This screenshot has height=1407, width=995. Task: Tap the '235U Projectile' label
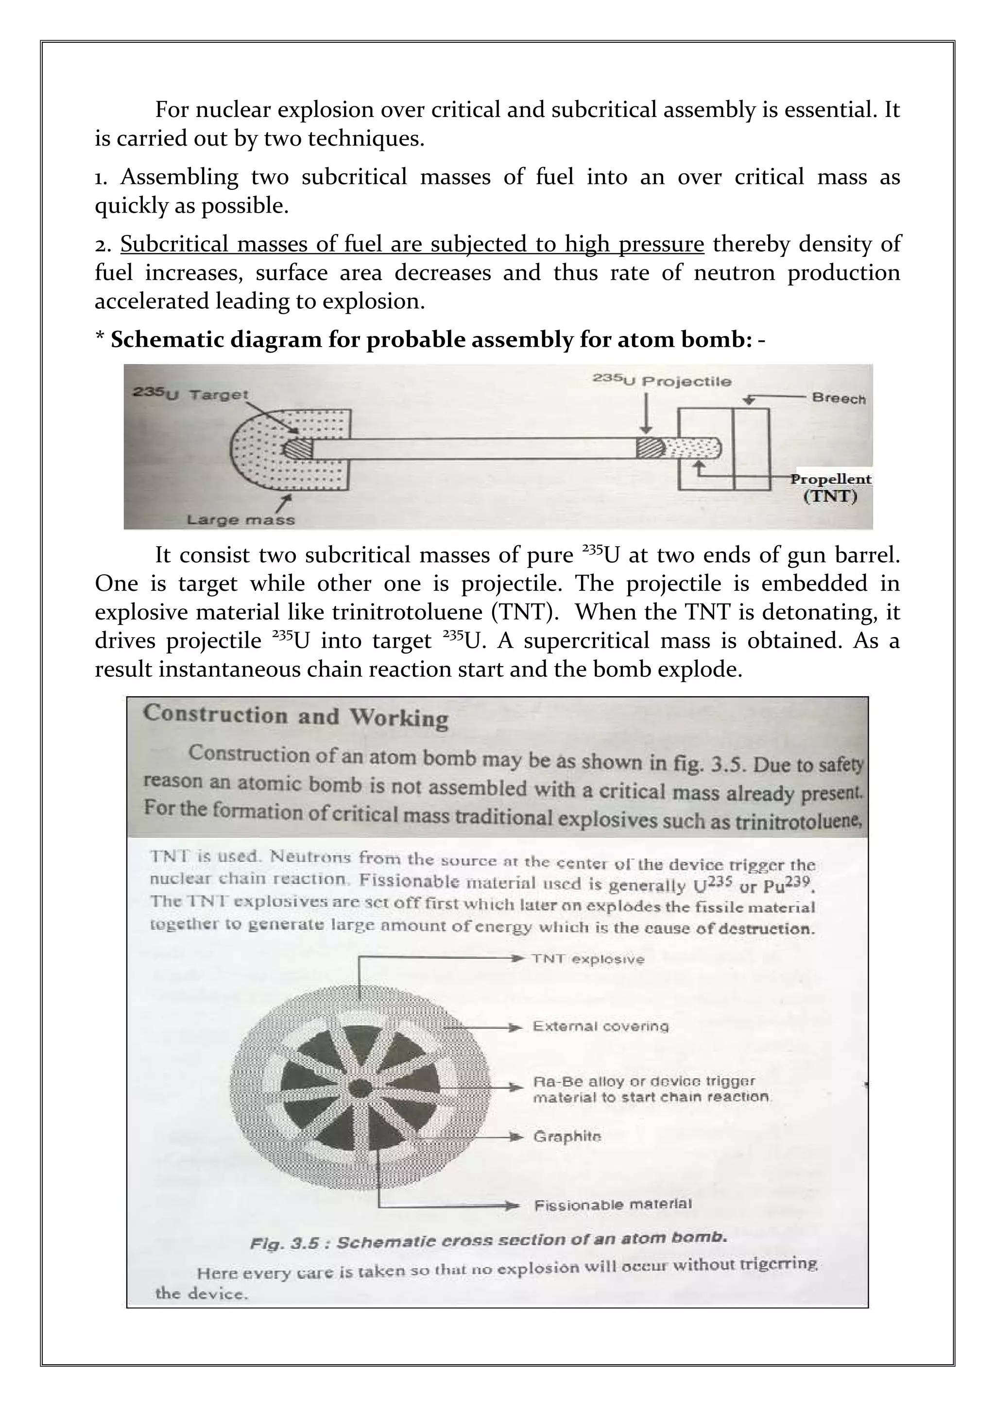[662, 381]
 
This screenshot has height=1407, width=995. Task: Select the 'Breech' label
[839, 398]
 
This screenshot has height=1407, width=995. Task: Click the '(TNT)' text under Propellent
[830, 496]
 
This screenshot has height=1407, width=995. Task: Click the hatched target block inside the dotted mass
[298, 449]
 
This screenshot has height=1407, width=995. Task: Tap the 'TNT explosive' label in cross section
[588, 959]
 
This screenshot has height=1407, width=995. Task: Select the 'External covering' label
[600, 1026]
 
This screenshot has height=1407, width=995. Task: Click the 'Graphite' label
[567, 1137]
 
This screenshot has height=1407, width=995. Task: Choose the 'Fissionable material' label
[613, 1205]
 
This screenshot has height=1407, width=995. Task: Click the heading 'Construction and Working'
[295, 716]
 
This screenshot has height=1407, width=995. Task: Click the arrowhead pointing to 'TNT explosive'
[519, 958]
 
